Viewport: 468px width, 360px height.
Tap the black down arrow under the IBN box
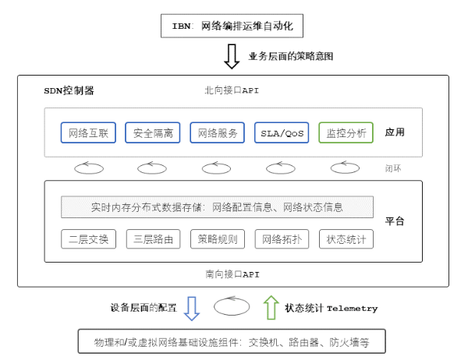[x=232, y=56]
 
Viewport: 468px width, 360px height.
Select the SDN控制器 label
[x=69, y=90]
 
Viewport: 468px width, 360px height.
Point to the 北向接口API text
[x=232, y=90]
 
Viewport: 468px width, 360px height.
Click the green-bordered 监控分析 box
[x=346, y=133]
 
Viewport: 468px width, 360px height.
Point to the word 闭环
[x=395, y=168]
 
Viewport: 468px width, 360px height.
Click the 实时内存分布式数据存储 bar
[x=217, y=207]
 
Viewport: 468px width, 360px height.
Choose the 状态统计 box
[x=346, y=238]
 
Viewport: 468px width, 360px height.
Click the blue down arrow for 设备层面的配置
[x=192, y=307]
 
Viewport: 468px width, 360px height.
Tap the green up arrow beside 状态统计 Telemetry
[x=271, y=307]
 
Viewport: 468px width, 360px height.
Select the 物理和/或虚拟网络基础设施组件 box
[x=231, y=342]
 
